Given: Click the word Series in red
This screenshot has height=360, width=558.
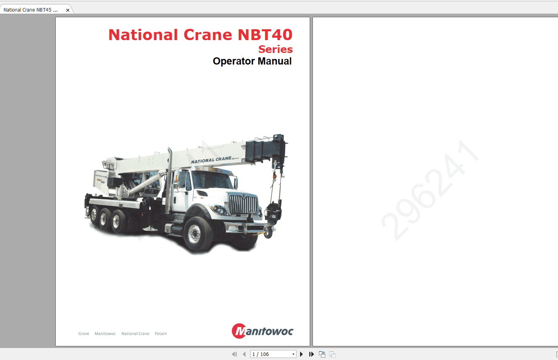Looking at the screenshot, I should (x=275, y=49).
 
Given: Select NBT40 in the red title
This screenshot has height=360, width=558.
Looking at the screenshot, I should (x=265, y=35).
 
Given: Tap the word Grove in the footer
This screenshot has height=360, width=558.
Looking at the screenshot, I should (x=84, y=334).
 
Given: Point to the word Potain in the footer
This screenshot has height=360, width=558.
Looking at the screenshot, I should (x=161, y=334).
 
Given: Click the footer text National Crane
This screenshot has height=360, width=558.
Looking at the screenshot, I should (x=135, y=334).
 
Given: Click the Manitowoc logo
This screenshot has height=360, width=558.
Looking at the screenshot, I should (x=262, y=331).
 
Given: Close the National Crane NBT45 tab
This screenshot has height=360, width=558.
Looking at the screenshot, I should (x=68, y=10).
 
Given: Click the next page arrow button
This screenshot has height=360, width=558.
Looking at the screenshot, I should (x=302, y=354).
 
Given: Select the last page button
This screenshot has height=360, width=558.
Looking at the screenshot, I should (x=311, y=354).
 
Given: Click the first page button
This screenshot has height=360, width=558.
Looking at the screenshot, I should (x=234, y=354).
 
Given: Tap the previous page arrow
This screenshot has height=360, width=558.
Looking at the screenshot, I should (x=244, y=354).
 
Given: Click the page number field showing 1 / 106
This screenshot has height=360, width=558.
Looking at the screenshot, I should (x=271, y=354).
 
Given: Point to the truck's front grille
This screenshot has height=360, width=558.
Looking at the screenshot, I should (x=243, y=204).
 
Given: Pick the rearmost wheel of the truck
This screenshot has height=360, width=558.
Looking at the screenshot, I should (x=93, y=215).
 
